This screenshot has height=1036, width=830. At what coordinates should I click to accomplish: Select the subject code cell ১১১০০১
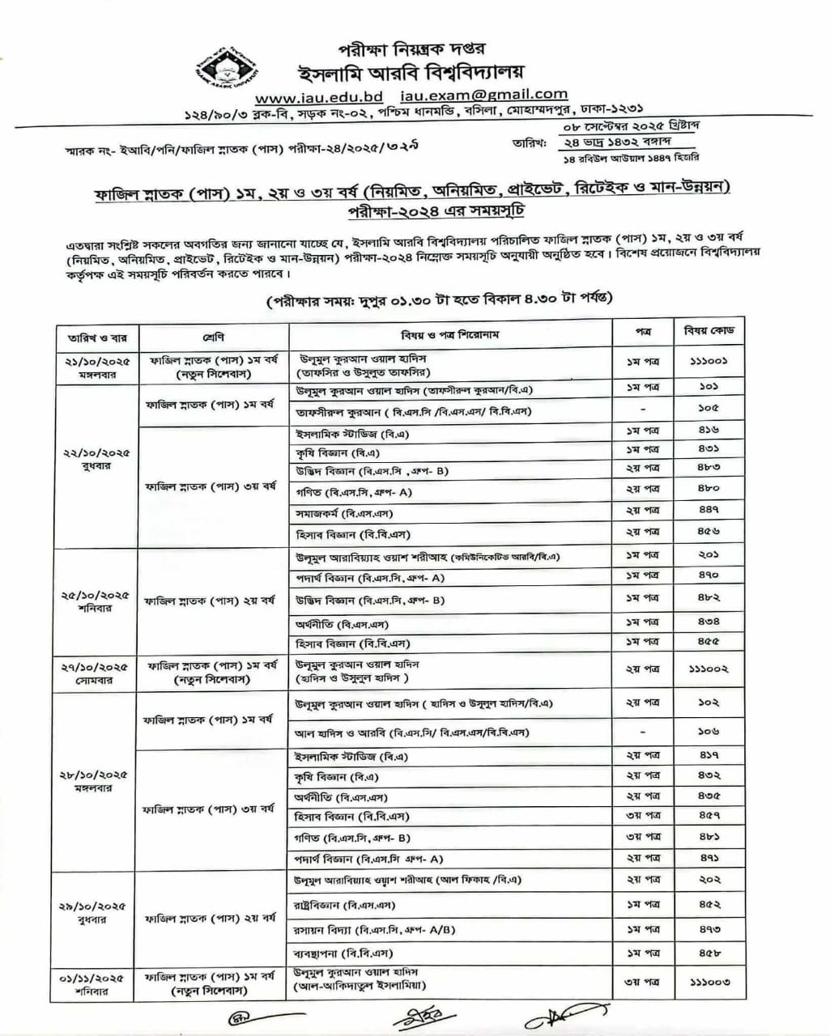[709, 362]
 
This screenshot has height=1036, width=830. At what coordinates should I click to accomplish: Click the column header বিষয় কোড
[709, 331]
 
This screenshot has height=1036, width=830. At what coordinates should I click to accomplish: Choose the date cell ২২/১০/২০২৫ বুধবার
[96, 460]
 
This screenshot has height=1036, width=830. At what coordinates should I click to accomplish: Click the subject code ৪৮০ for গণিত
[709, 489]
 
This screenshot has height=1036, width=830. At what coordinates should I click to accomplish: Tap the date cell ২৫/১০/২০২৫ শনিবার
[96, 601]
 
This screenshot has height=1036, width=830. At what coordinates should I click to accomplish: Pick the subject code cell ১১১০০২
[709, 669]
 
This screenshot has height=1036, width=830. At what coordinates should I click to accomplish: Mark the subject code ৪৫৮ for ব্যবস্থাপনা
[709, 953]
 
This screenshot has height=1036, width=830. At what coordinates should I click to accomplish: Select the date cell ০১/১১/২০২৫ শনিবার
[96, 983]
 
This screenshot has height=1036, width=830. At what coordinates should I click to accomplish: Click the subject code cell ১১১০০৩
[709, 982]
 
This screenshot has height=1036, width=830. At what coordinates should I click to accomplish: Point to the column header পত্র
[642, 331]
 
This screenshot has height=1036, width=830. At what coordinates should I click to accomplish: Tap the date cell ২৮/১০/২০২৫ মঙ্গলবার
[96, 781]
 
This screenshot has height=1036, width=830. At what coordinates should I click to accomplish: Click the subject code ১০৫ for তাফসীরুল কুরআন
[709, 409]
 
